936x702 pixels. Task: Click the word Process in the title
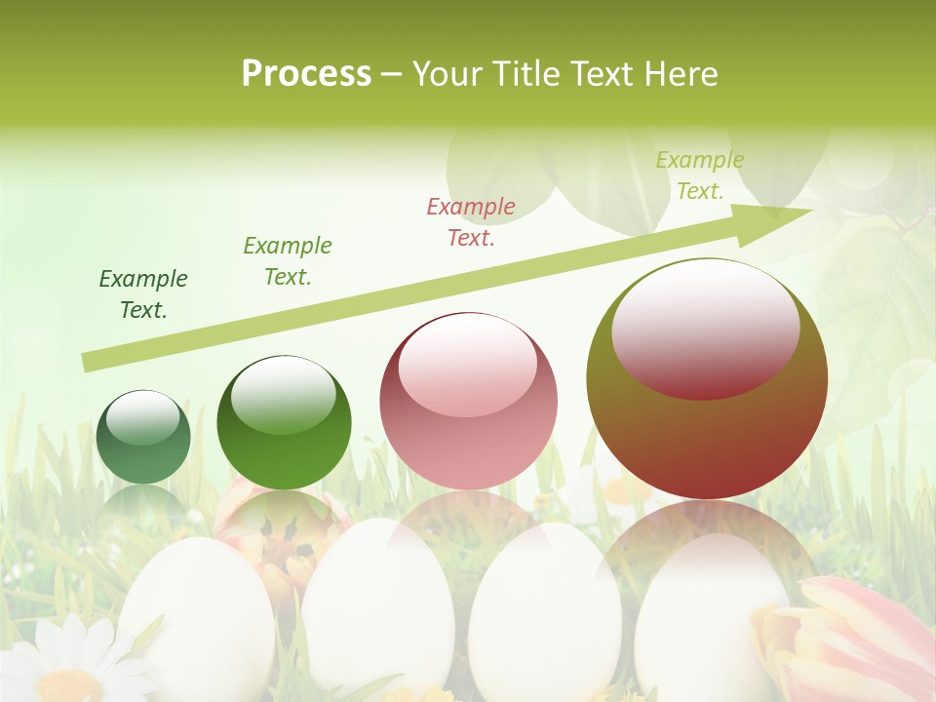tap(306, 74)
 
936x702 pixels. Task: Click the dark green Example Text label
tap(143, 294)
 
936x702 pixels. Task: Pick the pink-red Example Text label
tap(471, 221)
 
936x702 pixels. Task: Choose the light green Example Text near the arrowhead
tap(700, 175)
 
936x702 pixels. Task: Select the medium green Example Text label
tap(288, 260)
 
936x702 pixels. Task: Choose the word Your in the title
tap(445, 74)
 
